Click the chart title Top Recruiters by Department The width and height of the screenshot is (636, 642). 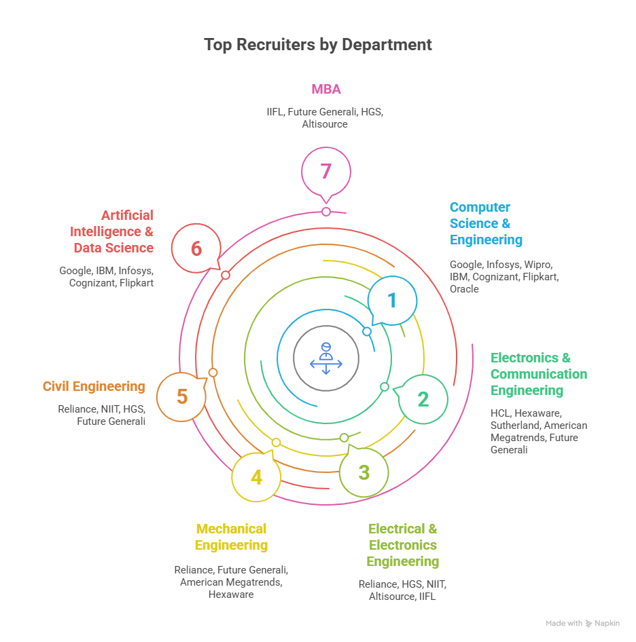(318, 45)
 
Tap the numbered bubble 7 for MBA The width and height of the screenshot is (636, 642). (326, 171)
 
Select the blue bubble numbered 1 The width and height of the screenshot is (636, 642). (392, 300)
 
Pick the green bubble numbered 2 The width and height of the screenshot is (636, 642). (423, 399)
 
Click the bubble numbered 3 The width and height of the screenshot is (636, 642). (364, 472)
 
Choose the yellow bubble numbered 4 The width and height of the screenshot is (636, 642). (256, 477)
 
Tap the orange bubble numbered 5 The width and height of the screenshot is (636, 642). (181, 396)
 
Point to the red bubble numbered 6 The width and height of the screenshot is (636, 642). (196, 249)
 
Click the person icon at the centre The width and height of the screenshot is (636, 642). (326, 358)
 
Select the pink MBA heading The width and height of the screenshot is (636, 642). (326, 89)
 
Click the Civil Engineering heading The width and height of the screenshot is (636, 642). (94, 386)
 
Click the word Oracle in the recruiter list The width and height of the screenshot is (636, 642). (464, 289)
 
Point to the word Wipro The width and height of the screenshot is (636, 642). (537, 265)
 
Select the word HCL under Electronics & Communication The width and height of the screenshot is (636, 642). (499, 413)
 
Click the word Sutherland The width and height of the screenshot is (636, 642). (514, 425)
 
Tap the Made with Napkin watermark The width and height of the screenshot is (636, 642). (582, 623)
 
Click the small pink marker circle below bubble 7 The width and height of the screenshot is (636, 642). (326, 212)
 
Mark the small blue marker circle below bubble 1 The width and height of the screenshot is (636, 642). (367, 332)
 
